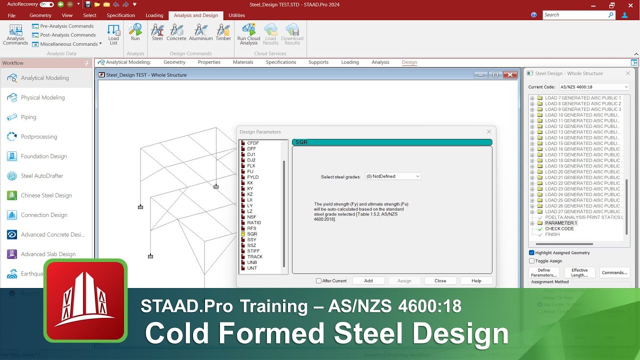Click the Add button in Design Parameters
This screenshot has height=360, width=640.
tap(368, 280)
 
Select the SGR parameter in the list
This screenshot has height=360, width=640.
tap(252, 234)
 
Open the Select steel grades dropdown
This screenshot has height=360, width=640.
tap(393, 176)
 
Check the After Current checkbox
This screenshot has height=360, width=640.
tap(319, 281)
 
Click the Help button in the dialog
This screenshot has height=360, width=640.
tap(476, 280)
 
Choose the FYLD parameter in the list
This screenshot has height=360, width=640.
tap(252, 177)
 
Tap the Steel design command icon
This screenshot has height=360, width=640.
tap(157, 31)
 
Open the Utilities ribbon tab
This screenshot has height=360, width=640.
tap(236, 15)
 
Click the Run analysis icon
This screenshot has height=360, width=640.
tap(135, 31)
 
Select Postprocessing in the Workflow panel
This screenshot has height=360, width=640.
tap(39, 136)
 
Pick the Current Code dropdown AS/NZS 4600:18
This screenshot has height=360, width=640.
tap(594, 87)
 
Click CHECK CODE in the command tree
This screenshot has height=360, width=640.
tap(559, 228)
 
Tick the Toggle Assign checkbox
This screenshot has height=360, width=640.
tap(531, 261)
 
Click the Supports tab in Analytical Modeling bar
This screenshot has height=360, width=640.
tap(318, 62)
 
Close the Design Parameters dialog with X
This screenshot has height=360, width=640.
tap(489, 132)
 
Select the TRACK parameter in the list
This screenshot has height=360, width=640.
tap(254, 256)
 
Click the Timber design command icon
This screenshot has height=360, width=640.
tap(223, 31)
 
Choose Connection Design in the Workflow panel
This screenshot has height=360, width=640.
tap(44, 215)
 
